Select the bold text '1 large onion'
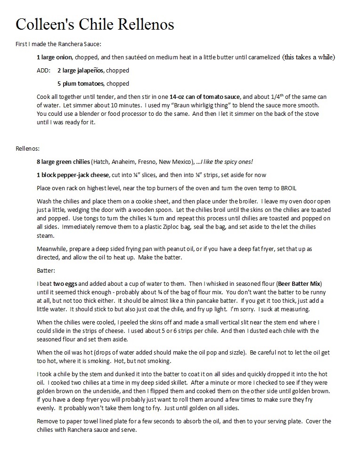54,57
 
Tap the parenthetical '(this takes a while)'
308,57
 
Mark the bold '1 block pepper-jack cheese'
73,175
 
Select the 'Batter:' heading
46,271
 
